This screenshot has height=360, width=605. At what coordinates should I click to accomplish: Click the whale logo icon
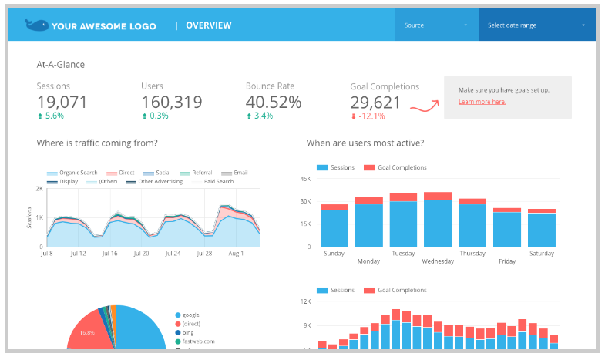(35, 25)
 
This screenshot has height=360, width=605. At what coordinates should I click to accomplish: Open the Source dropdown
(436, 25)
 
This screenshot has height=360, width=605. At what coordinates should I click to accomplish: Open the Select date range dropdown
(536, 25)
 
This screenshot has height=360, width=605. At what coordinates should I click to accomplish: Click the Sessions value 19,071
(62, 102)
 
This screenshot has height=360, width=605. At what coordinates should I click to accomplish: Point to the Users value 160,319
(172, 102)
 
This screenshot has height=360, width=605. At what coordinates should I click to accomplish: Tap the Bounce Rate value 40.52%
(274, 102)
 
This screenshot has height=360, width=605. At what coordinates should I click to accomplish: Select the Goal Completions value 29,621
(375, 103)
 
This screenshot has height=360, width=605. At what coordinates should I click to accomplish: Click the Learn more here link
(482, 102)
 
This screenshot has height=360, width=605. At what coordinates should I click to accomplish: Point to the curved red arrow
(423, 106)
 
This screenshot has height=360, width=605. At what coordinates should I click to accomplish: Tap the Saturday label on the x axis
(541, 253)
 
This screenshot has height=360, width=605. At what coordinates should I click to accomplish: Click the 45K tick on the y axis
(305, 180)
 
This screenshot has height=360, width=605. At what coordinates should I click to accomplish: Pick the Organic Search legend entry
(74, 173)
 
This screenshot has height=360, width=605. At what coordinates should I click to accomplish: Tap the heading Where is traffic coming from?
(97, 143)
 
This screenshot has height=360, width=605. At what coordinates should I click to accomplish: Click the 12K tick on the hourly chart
(305, 303)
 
